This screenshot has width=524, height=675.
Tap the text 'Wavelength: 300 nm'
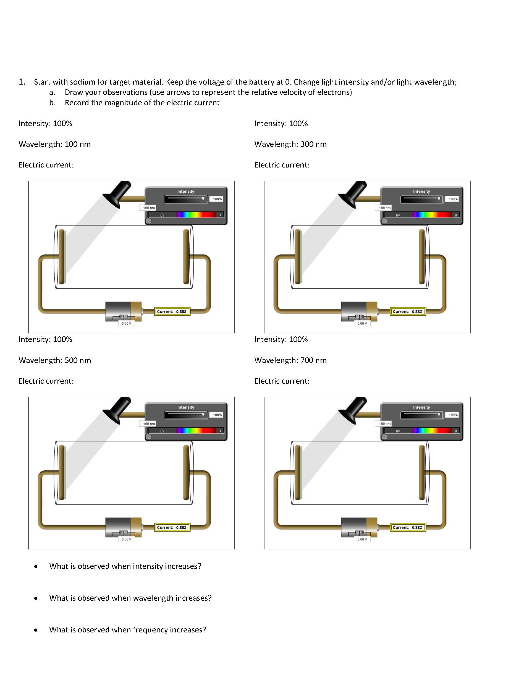(x=290, y=144)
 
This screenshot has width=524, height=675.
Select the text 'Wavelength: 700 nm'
(x=290, y=360)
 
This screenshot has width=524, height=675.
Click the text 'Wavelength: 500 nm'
(x=55, y=360)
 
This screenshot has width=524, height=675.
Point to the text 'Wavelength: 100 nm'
(x=55, y=144)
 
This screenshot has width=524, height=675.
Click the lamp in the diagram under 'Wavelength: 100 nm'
(x=118, y=193)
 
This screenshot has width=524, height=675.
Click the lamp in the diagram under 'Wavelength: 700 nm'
(x=353, y=409)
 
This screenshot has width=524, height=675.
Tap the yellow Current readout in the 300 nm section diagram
(x=408, y=312)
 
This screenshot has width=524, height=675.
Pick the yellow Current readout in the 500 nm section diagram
(x=172, y=528)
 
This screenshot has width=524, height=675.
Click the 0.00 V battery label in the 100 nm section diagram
(x=126, y=323)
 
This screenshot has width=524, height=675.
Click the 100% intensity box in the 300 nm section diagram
(x=453, y=199)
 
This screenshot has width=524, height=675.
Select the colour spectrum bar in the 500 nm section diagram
(x=196, y=431)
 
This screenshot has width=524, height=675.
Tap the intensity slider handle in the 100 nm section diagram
(x=203, y=198)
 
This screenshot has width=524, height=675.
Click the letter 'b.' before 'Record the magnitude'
(x=53, y=103)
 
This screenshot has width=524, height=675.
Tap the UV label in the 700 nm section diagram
(x=398, y=431)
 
